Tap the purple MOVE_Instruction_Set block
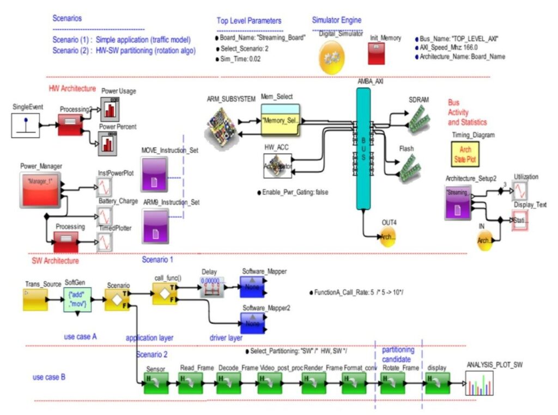[156, 174]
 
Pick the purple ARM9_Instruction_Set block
[156, 226]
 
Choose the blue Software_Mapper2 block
[252, 323]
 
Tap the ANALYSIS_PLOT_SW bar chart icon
[482, 383]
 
